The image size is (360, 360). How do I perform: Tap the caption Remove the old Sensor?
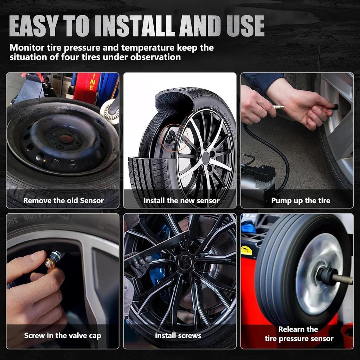pos(63,201)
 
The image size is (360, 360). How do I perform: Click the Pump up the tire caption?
pos(301,201)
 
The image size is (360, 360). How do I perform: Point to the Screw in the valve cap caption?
pos(63,335)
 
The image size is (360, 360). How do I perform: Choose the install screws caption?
pos(178,335)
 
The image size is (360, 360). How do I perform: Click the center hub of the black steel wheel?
pos(66,139)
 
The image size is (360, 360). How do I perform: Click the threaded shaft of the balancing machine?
pos(342,279)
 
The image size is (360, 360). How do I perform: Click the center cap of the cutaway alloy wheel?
pos(206,158)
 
